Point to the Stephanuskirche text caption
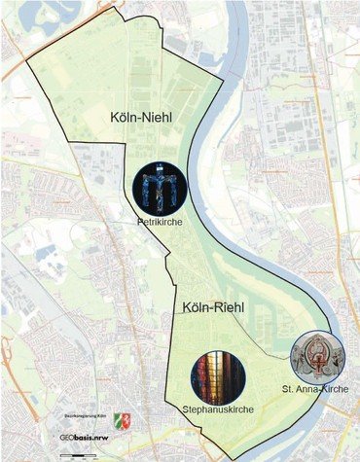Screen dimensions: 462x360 (x=219, y=410)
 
